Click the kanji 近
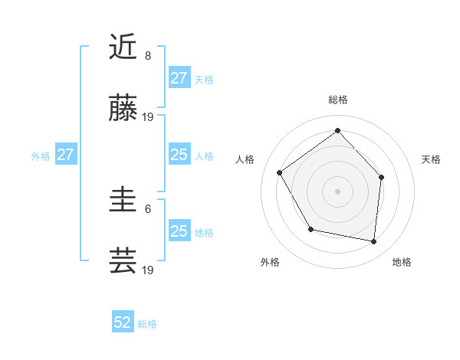123,47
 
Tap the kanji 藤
123,110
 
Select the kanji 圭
123,201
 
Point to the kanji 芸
123,262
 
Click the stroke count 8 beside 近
148,56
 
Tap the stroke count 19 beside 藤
148,117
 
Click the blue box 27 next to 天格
179,78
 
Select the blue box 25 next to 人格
179,155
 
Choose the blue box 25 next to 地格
179,231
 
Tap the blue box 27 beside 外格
65,155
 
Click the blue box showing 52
123,323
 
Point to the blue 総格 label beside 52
147,324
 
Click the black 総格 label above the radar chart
337,100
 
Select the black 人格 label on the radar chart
245,159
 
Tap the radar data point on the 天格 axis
382,177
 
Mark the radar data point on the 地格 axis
374,242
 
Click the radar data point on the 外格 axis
310,229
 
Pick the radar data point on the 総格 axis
337,130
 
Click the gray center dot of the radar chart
337,191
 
